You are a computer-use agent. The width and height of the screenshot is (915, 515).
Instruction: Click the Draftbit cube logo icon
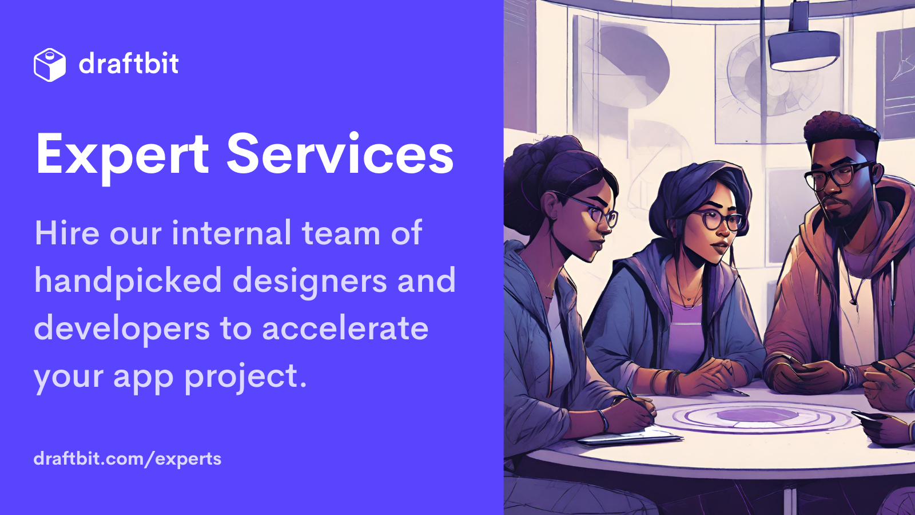coord(50,65)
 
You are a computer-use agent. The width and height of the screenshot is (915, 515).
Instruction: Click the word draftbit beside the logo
coord(129,64)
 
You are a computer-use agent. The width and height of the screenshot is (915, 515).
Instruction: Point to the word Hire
coord(67,233)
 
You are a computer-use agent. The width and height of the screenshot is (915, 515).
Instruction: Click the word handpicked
coord(128,281)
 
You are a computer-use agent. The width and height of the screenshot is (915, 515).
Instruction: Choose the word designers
coord(309,281)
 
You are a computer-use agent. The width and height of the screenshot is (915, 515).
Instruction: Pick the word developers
coord(122,329)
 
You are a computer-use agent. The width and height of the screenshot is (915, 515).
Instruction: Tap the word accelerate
coord(345,328)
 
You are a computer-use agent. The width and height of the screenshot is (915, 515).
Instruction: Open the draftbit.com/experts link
coord(128,459)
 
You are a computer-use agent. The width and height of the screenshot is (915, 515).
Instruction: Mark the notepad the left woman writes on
coord(629,437)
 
